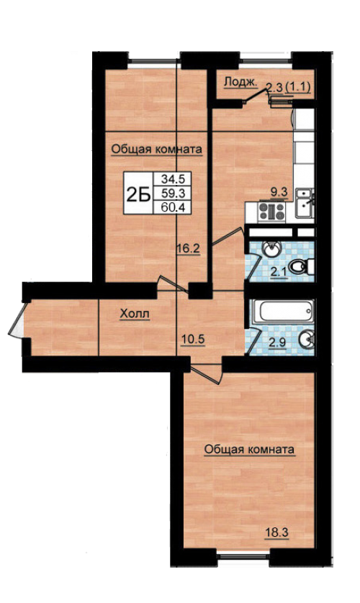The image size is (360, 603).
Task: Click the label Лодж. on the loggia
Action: coord(240,82)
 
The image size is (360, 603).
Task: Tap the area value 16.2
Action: coord(188,248)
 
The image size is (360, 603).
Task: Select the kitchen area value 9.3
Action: coord(279,192)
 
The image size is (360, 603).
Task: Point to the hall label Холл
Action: coord(135,314)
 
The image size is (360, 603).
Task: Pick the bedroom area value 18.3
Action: coord(276,533)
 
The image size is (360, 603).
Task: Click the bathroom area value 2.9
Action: coord(277,343)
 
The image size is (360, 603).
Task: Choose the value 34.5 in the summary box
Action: coord(173,179)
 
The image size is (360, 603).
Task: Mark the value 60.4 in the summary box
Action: coord(173,208)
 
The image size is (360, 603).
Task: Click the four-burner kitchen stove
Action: coord(271,212)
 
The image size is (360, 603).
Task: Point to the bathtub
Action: coord(282,311)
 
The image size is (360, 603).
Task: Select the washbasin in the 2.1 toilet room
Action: coord(272,249)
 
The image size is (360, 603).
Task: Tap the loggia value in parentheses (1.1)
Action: coord(299,87)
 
